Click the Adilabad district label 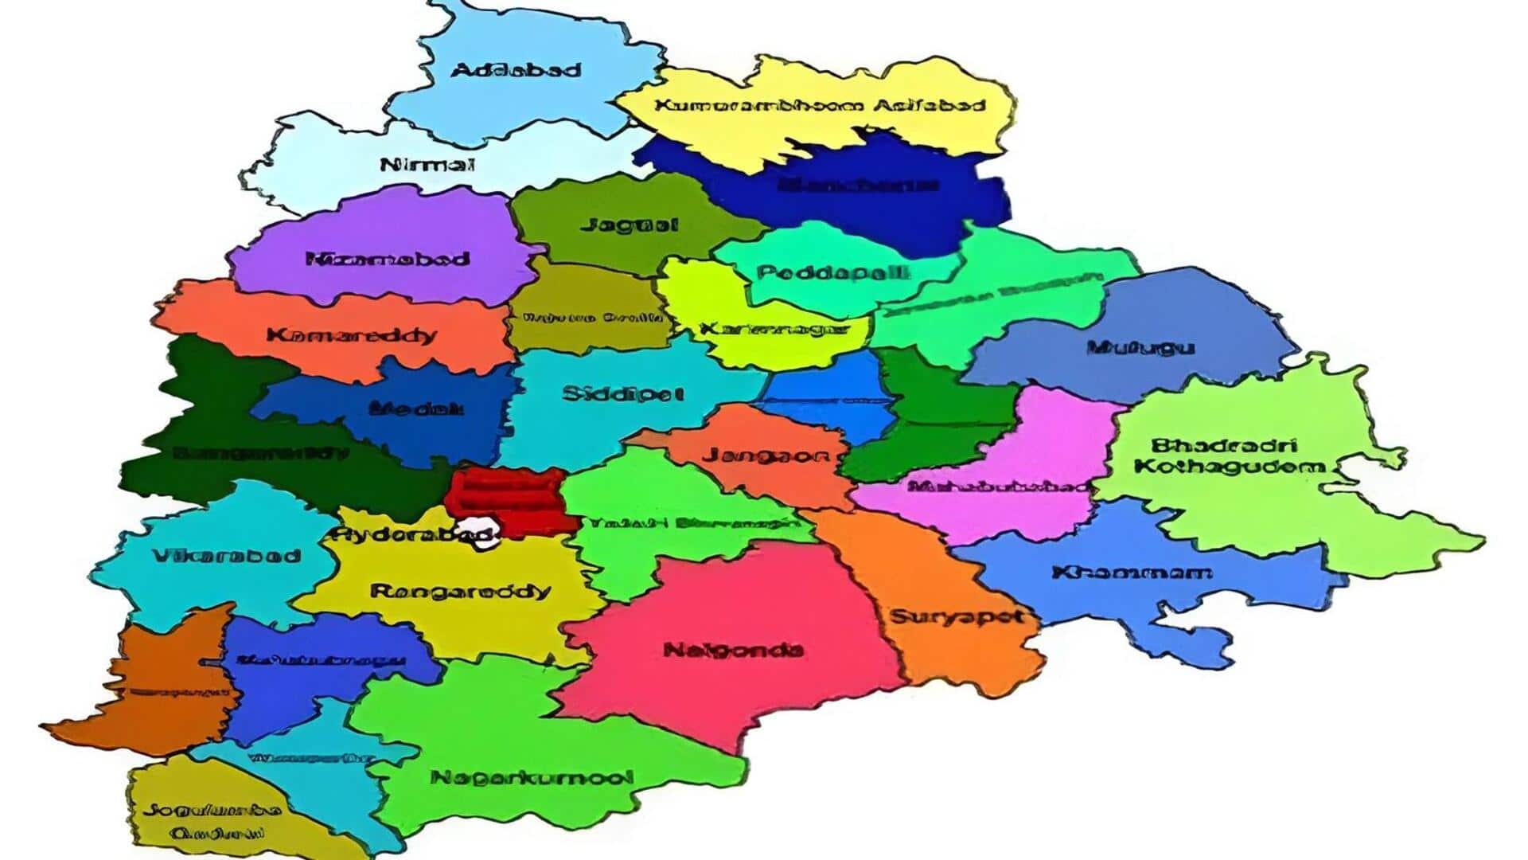(516, 70)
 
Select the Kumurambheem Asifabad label (820, 105)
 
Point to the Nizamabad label (388, 259)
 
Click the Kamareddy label (352, 334)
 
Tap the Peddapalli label (832, 272)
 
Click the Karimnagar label (774, 329)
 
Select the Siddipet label (622, 393)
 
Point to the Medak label (416, 408)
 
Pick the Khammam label (1132, 573)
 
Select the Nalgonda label (733, 650)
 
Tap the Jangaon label (766, 455)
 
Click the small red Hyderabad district (509, 498)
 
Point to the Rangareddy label (460, 591)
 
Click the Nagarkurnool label (532, 777)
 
